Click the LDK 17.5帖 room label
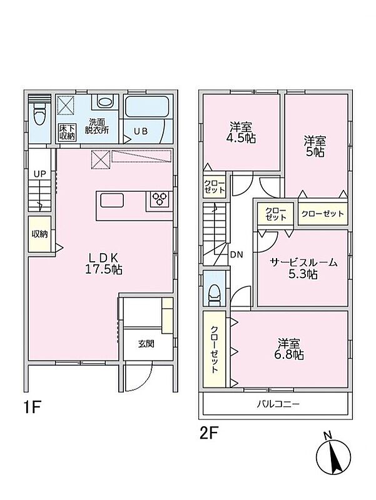coord(103,264)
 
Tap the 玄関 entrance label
coord(146,344)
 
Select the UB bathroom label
coord(140,131)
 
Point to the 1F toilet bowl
coord(39,116)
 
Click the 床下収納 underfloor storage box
coord(67,132)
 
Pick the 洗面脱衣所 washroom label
coord(97,126)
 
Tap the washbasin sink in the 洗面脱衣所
coord(105,102)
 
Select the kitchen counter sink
coord(112,201)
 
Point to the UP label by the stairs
coord(40,174)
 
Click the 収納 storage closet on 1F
coord(39,234)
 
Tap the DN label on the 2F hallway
coord(236,254)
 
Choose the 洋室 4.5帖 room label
coord(243,132)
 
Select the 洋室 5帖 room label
coord(315,146)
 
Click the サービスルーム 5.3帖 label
coord(303,269)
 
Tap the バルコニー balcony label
coord(278,404)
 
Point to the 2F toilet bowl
coord(214,293)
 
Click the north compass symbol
coord(333,454)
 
